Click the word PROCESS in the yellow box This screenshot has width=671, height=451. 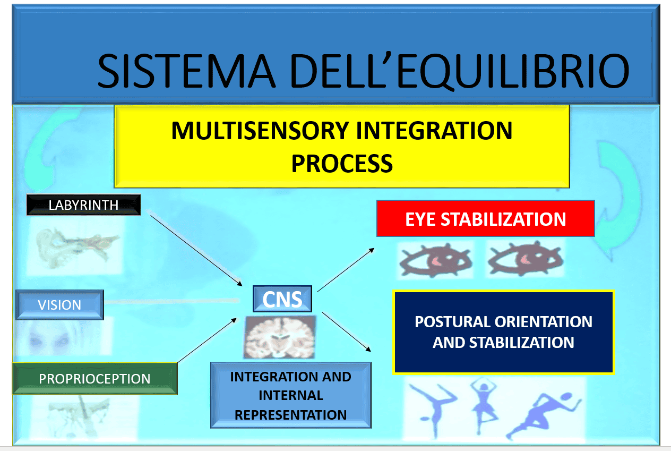pos(342,163)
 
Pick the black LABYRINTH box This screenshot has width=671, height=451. pos(83,205)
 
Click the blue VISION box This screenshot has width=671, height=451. pos(59,305)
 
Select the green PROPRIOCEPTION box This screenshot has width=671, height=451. pos(94,379)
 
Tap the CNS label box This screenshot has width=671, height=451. pos(282,300)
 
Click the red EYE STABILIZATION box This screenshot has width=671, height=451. pos(485,219)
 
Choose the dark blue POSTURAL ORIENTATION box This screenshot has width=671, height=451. pos(503,332)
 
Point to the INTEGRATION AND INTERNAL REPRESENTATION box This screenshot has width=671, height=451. pos(290,395)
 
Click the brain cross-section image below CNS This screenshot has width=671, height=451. pos(280,336)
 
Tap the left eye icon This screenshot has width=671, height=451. pos(435,259)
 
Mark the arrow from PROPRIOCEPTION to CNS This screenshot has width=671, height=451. pos(207,340)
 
